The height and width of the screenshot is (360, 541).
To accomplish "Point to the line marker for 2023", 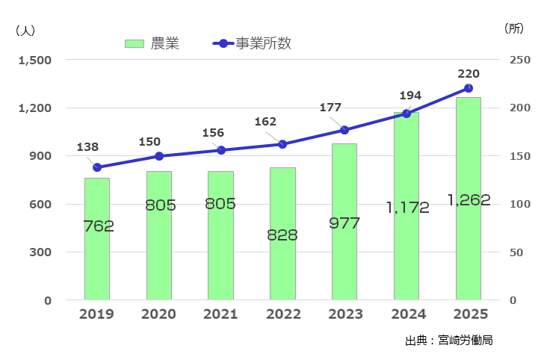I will pos(344,130).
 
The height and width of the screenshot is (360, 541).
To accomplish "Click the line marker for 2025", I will pos(469,88).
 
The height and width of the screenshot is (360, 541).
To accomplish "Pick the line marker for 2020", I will pos(158,156).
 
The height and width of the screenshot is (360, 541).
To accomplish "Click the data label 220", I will pos(469,73).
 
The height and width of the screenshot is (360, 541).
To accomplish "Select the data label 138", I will pos(87,147).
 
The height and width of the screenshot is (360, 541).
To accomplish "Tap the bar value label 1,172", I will pos(408,208).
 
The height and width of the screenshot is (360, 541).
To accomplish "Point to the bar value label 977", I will pos(344,223).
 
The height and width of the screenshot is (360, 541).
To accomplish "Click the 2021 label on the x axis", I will pos(220,314).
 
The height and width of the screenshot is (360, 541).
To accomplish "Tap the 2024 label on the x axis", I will pos(406,314).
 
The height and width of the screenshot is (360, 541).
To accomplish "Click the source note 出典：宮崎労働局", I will pos(448,340).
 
